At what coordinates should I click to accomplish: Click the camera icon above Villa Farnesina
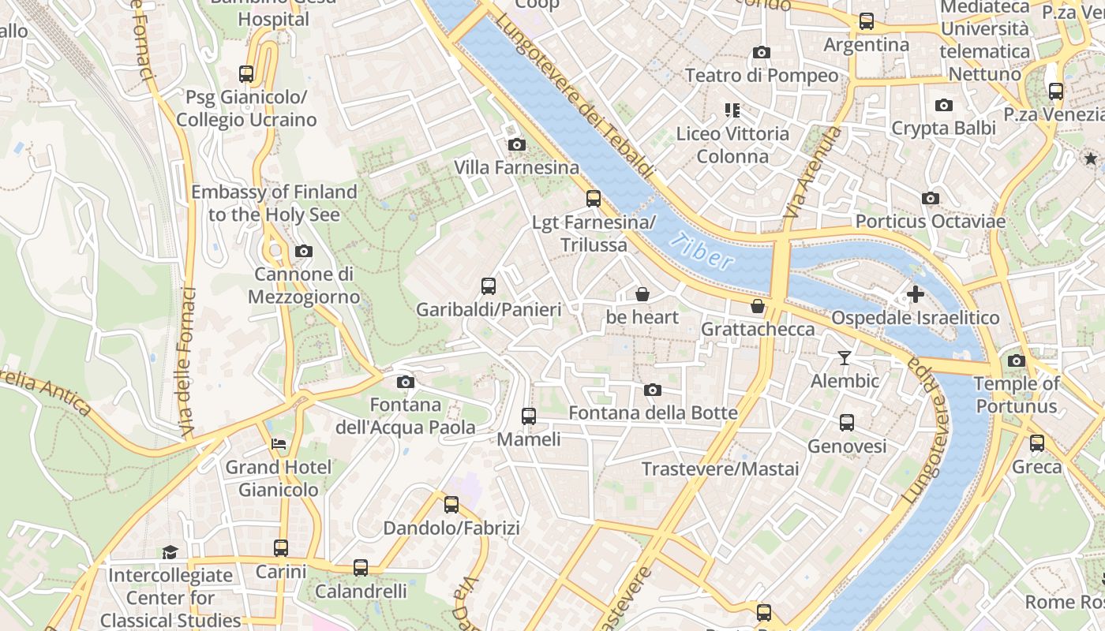(x=517, y=144)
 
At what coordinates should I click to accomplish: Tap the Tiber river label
(x=701, y=251)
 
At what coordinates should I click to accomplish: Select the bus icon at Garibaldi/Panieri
(x=489, y=286)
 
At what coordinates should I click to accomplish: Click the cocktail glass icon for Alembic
(x=845, y=358)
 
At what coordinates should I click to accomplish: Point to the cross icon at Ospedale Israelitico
(x=915, y=294)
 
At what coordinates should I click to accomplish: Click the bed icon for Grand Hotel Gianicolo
(x=279, y=444)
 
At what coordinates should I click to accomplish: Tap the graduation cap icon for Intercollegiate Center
(x=170, y=551)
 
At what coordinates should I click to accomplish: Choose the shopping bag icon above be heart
(x=642, y=294)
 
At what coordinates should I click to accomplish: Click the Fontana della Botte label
(x=653, y=413)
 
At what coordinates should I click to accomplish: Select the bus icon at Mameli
(x=529, y=416)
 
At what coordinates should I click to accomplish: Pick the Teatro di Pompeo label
(x=761, y=76)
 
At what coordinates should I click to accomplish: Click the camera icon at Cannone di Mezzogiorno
(x=303, y=252)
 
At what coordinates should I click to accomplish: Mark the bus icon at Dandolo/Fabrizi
(x=451, y=505)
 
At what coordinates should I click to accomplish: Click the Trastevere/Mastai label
(x=720, y=469)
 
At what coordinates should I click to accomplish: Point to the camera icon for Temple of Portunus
(x=1017, y=360)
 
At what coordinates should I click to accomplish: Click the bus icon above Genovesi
(x=847, y=423)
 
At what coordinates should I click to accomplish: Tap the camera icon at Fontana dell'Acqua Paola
(x=406, y=383)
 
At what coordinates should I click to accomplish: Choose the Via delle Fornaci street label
(x=187, y=361)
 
